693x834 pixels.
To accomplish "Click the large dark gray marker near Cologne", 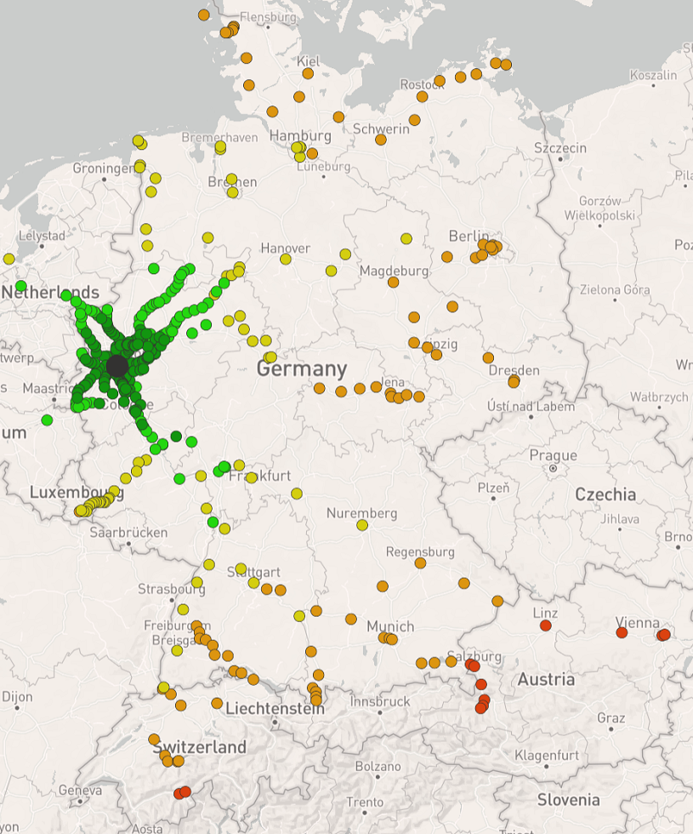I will [116, 366].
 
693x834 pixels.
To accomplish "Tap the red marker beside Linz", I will [546, 625].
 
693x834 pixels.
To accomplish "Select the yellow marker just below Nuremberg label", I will [362, 525].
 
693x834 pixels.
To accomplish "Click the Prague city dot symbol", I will [553, 468].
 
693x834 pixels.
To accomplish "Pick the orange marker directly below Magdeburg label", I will [393, 282].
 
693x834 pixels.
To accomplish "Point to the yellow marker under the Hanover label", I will [286, 259].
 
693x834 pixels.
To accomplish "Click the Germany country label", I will [302, 369].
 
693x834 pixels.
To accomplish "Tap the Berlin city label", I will [469, 236].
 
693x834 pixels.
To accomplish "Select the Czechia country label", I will [605, 494].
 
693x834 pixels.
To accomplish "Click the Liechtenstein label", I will [275, 708].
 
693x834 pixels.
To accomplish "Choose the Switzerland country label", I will [201, 747].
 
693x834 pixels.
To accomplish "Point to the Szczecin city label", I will [560, 147].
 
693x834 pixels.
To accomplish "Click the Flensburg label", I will [268, 17].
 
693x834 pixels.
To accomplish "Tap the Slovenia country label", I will [568, 799].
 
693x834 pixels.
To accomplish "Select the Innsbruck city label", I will [380, 702].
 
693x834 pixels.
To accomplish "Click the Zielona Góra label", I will [613, 289].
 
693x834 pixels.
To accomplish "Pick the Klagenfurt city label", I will [547, 755].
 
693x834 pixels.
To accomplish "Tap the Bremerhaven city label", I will [219, 137].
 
